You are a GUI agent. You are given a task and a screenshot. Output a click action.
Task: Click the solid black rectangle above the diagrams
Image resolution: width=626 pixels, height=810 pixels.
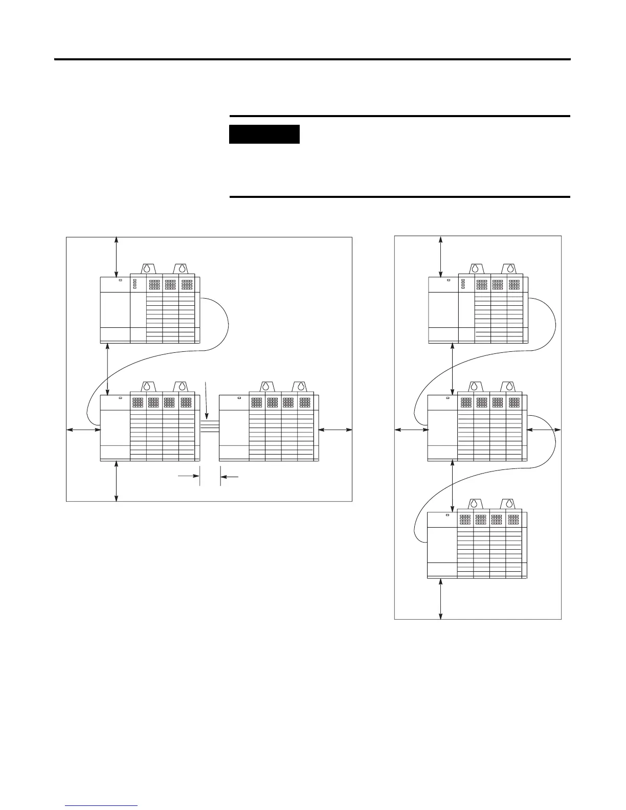[264, 134]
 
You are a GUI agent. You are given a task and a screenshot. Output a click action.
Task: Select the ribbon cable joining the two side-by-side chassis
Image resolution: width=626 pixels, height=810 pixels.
[210, 426]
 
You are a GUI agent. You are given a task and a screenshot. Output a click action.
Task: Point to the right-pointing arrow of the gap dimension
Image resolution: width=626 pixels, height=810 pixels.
[188, 476]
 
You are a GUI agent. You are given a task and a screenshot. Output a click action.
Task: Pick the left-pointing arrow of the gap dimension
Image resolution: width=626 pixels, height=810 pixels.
[230, 477]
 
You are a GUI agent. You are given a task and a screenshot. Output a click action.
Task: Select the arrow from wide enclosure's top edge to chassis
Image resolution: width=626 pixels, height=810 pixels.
[117, 257]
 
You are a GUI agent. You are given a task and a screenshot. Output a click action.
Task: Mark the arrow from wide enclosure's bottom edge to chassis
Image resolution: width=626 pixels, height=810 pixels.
[117, 481]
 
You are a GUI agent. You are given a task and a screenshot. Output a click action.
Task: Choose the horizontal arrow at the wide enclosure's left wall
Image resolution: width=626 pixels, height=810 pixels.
[84, 430]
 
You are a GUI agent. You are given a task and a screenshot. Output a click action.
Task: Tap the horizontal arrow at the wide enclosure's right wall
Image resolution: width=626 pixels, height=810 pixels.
[335, 430]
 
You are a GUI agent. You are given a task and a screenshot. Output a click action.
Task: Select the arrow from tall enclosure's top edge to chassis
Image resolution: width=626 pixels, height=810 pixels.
[441, 257]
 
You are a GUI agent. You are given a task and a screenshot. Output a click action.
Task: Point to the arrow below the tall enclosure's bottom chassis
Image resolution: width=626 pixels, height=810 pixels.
[441, 599]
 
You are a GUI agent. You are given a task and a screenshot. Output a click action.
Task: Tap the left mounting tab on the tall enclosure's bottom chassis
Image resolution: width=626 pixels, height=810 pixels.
[475, 505]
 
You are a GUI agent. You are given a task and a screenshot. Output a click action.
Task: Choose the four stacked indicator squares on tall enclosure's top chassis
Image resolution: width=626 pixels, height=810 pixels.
[463, 284]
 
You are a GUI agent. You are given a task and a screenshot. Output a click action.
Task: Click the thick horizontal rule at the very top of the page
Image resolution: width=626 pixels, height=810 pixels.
[312, 59]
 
